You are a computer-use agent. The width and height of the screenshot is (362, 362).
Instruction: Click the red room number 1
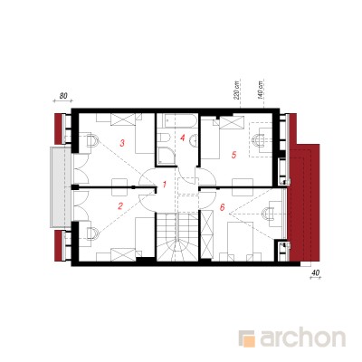pos(165,184)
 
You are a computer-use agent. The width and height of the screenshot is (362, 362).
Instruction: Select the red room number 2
pos(120,206)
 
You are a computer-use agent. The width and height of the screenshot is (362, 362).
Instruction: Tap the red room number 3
pos(122,143)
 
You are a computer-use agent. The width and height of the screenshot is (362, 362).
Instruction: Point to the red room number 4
pos(182,138)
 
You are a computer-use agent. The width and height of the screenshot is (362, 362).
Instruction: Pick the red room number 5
pos(233,155)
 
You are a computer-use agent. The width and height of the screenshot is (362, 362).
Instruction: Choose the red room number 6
pos(223,207)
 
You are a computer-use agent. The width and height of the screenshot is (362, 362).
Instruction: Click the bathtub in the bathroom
pos(180,120)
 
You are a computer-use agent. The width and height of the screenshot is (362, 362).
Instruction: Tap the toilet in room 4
pos(164,138)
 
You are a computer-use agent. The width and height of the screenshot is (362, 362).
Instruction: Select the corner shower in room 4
pos(167,156)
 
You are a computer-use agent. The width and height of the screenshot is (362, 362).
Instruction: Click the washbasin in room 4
pos(195,139)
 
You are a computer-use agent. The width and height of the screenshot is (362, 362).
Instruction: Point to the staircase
pos(177,236)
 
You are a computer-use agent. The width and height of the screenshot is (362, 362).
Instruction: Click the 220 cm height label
pos(236,90)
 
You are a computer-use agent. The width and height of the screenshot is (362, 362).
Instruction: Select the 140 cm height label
pos(261,90)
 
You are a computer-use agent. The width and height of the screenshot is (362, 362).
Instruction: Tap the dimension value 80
pos(63,96)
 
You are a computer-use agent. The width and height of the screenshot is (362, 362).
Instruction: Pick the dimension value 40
pos(315,272)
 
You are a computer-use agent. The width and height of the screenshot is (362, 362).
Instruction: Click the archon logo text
pos(302,338)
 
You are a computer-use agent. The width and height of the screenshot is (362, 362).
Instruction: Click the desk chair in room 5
pos(258,140)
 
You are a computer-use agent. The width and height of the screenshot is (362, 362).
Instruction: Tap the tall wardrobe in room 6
pos(207,234)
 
